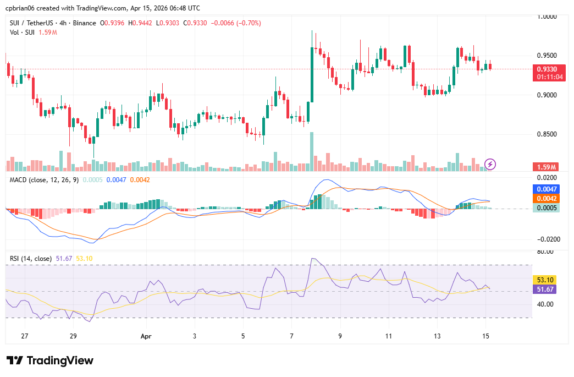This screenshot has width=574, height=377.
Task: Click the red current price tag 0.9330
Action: pyautogui.click(x=547, y=69)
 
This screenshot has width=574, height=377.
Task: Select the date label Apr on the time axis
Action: pyautogui.click(x=146, y=336)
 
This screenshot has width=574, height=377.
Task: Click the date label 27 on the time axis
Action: pyautogui.click(x=24, y=336)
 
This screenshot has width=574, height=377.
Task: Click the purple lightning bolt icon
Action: pyautogui.click(x=490, y=164)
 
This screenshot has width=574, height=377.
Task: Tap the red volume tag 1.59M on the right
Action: pyautogui.click(x=547, y=167)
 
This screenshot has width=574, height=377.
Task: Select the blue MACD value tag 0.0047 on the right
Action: pyautogui.click(x=547, y=189)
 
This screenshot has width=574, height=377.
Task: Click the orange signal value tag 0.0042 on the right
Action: pyautogui.click(x=547, y=198)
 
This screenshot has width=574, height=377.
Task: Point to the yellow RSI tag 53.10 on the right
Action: pyautogui.click(x=547, y=280)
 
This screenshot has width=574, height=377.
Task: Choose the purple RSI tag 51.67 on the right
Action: pyautogui.click(x=547, y=289)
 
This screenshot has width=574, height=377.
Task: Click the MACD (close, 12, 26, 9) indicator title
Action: pyautogui.click(x=44, y=180)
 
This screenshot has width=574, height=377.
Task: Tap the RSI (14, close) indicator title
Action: pyautogui.click(x=31, y=258)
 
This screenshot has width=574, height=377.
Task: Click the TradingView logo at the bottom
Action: pyautogui.click(x=50, y=360)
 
